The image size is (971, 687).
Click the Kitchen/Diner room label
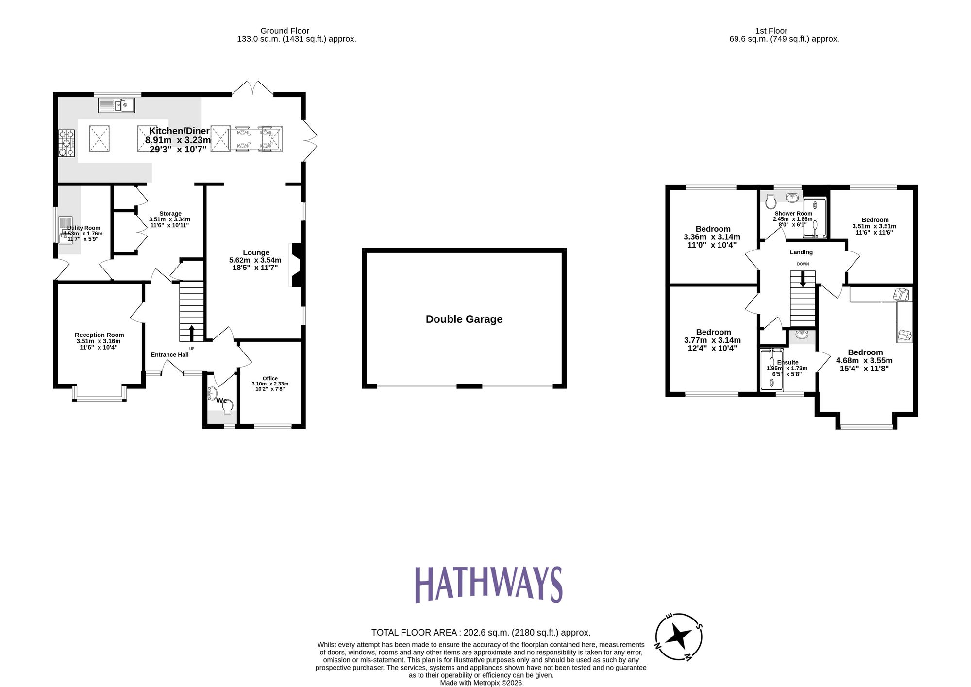pos(179,131)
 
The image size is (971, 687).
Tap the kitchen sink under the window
pos(117,105)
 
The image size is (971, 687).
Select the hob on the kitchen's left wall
pos(67,143)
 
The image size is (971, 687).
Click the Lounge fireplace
pos(295,265)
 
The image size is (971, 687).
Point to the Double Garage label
pos(464,319)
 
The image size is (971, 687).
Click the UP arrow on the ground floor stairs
pos(191,334)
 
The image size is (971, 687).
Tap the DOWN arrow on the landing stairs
pos(803,279)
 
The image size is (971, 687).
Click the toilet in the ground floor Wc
pos(227,406)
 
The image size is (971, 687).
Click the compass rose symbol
pos(678,636)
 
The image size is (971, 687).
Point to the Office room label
pos(270,379)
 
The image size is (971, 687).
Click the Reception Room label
pos(99,335)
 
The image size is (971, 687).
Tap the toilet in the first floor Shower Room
pos(770,201)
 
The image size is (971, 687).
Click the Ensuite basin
pos(802,335)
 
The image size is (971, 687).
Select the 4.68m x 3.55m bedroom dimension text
pos(864,361)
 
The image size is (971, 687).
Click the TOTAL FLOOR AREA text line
pos(481,633)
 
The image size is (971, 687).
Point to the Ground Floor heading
pos(285,31)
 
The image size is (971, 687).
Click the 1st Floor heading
pos(771,31)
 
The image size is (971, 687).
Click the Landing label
pos(801,252)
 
